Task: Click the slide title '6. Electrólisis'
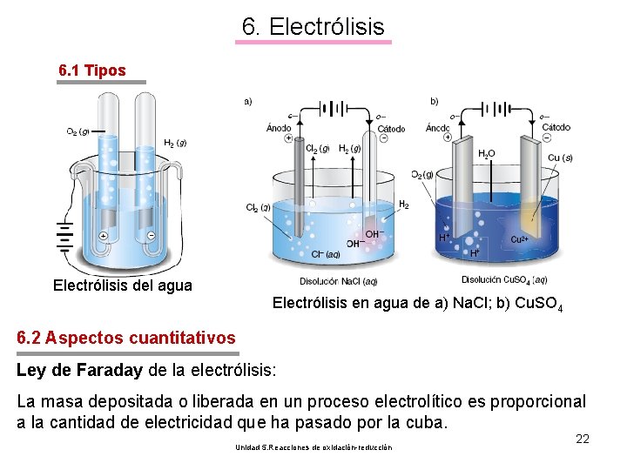313,27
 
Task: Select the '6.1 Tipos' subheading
91,70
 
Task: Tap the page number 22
583,439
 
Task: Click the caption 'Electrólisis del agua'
122,285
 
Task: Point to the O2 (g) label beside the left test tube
78,132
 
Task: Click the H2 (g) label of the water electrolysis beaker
175,143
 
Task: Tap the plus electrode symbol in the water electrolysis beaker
103,236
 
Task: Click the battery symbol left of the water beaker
63,236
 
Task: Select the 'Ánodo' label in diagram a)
279,128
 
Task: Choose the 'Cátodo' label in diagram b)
556,127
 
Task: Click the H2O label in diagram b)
486,153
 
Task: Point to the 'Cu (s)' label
560,158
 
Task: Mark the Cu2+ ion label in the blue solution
520,239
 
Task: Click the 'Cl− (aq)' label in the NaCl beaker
325,254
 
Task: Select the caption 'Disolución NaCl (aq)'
338,281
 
